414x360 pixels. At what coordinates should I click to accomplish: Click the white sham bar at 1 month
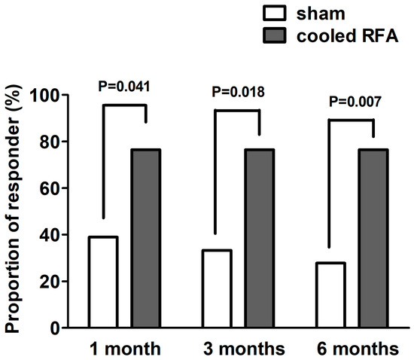[103, 282]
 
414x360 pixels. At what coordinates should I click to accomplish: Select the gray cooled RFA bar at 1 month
[146, 239]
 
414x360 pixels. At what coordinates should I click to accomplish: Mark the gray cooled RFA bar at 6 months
[373, 239]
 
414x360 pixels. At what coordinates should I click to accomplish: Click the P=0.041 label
[125, 86]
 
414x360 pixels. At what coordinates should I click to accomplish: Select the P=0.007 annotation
[352, 102]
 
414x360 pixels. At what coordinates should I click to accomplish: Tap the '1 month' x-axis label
[125, 349]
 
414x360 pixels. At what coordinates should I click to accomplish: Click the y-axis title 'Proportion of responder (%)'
[17, 212]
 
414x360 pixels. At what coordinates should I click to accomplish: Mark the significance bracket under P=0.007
[352, 120]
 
